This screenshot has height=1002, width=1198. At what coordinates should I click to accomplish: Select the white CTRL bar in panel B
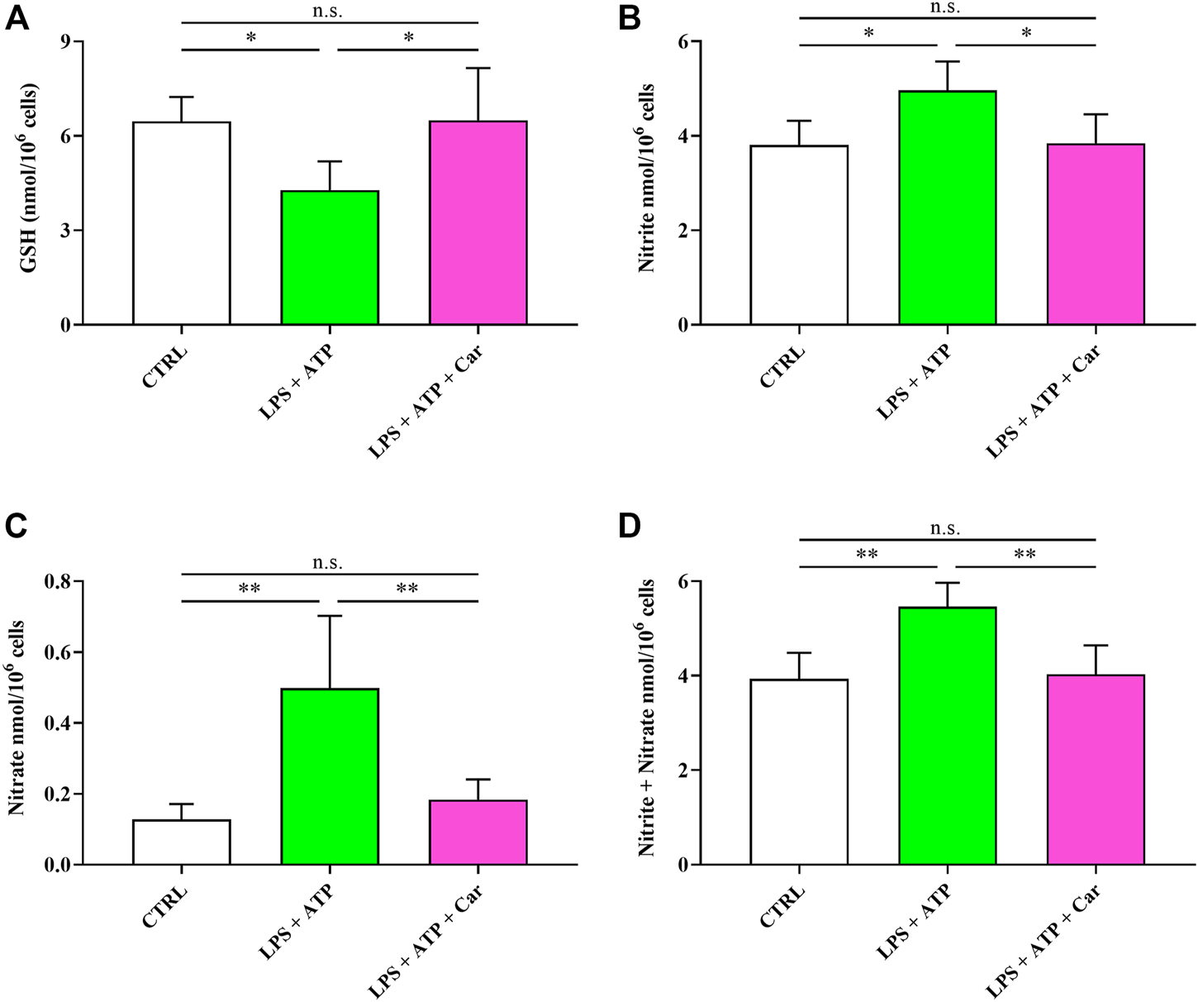(799, 235)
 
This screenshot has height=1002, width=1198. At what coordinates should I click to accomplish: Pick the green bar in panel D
(947, 736)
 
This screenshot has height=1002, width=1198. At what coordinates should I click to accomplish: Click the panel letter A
(17, 18)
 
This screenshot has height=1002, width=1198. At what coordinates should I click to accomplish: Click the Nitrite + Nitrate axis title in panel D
(648, 718)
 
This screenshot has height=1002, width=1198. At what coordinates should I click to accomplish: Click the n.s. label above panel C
(328, 563)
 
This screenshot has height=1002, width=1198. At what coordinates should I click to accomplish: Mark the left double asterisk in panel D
(867, 555)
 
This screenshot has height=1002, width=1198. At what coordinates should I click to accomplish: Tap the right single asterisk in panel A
(408, 38)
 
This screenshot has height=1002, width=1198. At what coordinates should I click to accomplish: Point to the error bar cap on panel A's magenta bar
(478, 68)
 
